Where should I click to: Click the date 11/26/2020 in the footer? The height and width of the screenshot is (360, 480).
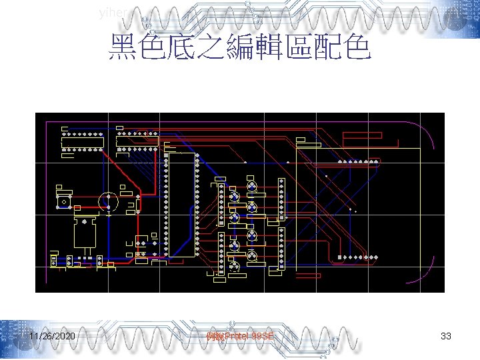pyautogui.click(x=52, y=337)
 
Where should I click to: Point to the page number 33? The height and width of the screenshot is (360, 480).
pyautogui.click(x=446, y=337)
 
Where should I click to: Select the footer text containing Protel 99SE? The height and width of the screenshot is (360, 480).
pyautogui.click(x=240, y=337)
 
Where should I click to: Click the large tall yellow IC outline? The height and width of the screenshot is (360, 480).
pyautogui.click(x=182, y=204)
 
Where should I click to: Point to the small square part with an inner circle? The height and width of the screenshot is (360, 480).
pyautogui.click(x=64, y=200)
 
